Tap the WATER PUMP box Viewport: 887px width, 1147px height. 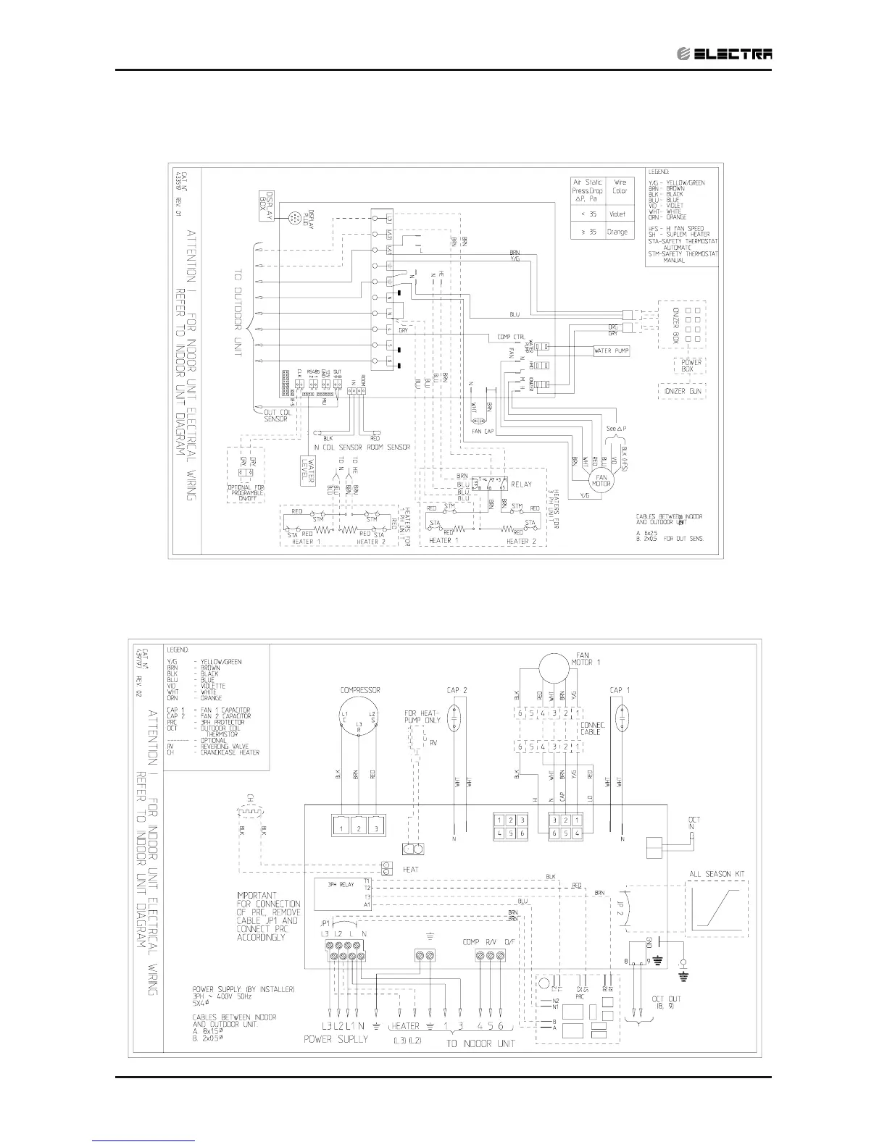tap(611, 350)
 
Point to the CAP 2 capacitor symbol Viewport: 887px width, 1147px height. tap(456, 721)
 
